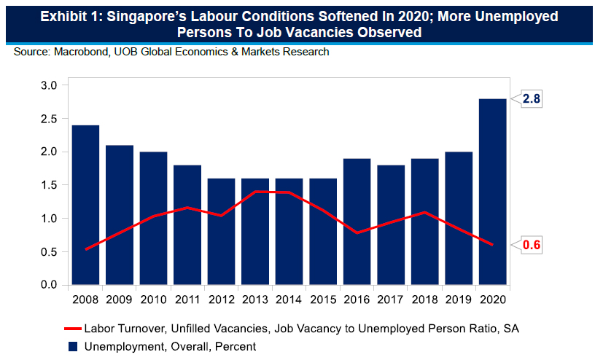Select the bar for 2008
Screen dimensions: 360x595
[x=85, y=205]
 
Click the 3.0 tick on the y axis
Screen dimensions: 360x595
[x=48, y=85]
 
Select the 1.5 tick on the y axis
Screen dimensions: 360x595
[x=48, y=185]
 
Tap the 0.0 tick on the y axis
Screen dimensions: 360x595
[x=48, y=285]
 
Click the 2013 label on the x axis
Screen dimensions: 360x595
[x=255, y=299]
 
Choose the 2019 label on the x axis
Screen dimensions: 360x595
[x=459, y=299]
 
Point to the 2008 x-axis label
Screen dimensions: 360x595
[x=85, y=299]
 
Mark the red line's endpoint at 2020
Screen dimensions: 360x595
[x=493, y=245]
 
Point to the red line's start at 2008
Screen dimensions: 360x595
[x=85, y=249]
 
